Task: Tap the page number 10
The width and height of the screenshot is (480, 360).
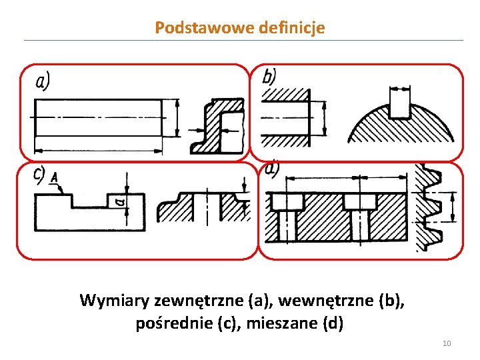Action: click(x=447, y=343)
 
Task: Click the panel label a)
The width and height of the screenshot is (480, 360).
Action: click(x=43, y=81)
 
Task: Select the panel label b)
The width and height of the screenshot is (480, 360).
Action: click(x=269, y=76)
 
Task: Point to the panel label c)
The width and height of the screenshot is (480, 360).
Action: click(x=39, y=175)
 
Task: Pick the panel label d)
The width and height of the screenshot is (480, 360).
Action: click(x=272, y=169)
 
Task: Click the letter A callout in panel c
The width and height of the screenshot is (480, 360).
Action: click(x=53, y=176)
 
